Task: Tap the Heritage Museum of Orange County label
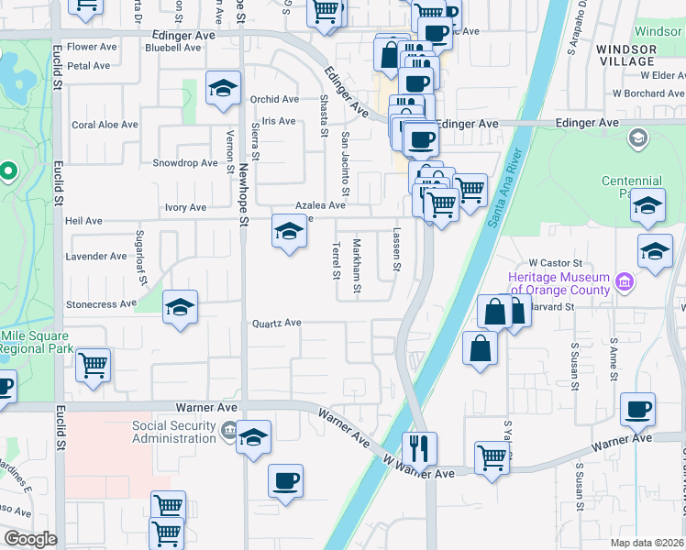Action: click(x=559, y=283)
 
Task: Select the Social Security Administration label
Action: click(x=173, y=432)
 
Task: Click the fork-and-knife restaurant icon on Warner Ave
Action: click(x=420, y=449)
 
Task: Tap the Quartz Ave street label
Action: click(x=277, y=323)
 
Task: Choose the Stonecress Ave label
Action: click(x=101, y=304)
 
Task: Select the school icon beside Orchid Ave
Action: click(x=222, y=89)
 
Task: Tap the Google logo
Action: click(x=29, y=539)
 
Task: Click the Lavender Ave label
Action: click(x=95, y=257)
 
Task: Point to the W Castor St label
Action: click(x=549, y=262)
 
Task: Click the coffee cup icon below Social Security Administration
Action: click(x=286, y=480)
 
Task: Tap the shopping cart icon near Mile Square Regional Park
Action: click(x=94, y=366)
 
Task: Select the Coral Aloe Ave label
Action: click(x=105, y=125)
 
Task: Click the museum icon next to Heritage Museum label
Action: click(x=625, y=279)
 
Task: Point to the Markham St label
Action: click(x=357, y=266)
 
